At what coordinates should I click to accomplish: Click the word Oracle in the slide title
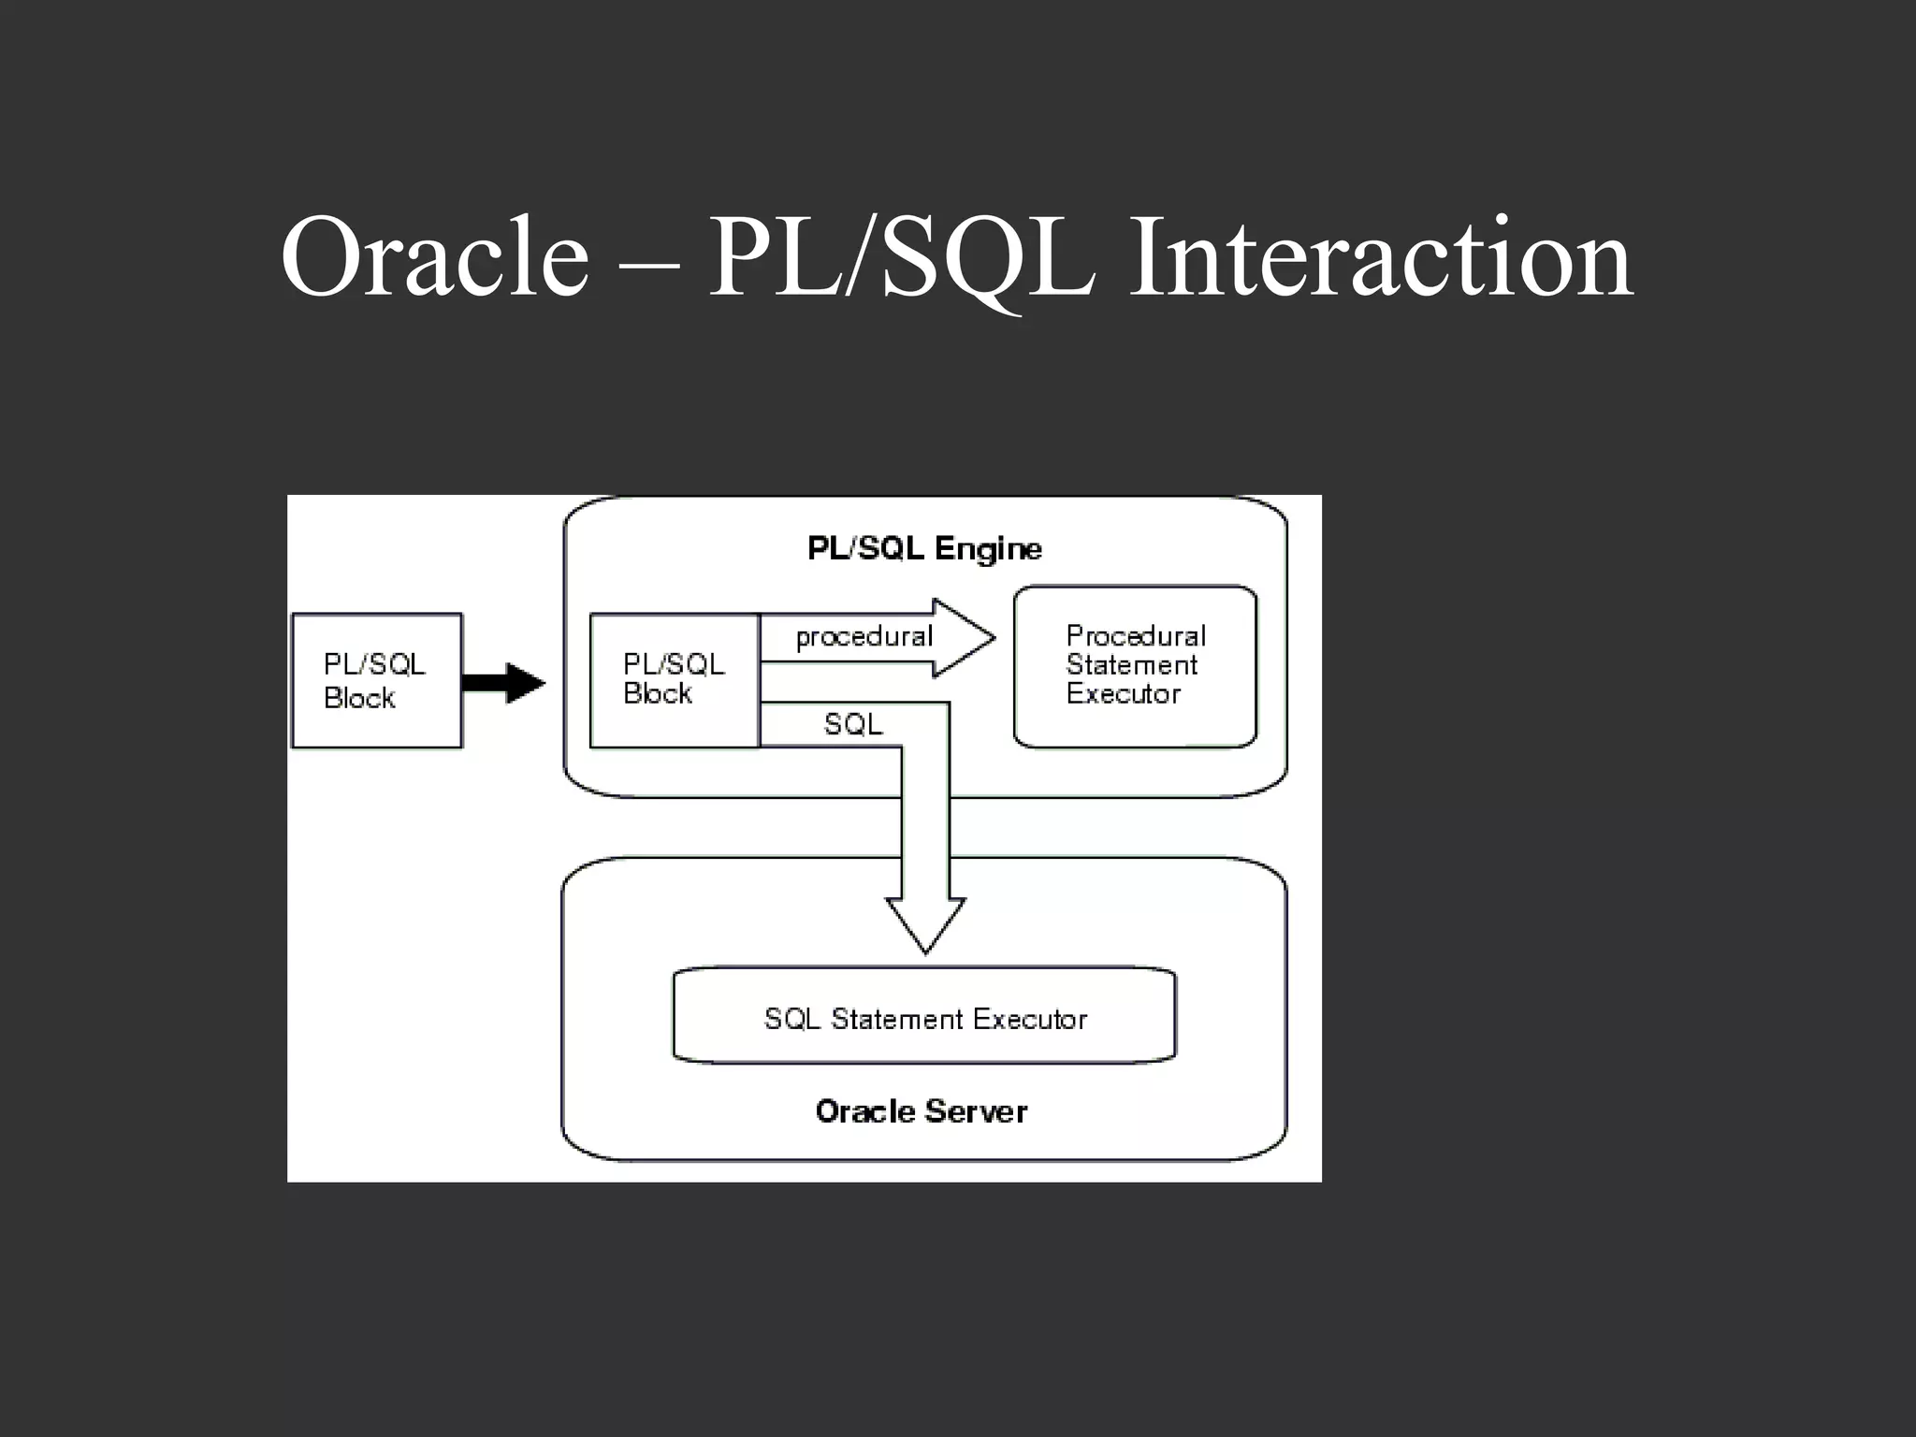coord(435,256)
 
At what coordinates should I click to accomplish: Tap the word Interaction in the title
coord(1381,256)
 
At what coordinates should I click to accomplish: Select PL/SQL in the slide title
coord(900,256)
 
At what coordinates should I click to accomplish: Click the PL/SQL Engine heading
coord(924,548)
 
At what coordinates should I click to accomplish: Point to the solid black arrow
coord(503,682)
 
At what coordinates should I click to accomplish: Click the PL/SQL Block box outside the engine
coord(377,680)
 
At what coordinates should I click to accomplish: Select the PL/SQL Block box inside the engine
coord(674,679)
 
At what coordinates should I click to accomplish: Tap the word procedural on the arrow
coord(864,637)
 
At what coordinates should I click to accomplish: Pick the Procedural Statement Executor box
coord(1135,666)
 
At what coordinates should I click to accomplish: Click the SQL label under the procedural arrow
coord(852,724)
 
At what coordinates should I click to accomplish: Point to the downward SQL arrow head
coord(925,925)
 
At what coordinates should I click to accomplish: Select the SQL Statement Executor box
coord(924,1017)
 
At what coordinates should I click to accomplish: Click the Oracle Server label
coord(921,1111)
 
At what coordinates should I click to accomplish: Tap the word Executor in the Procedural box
coord(1123,694)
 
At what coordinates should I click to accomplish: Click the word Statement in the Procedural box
coord(1131,665)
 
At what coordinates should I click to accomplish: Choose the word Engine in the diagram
coord(988,549)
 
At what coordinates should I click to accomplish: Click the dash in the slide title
coord(648,265)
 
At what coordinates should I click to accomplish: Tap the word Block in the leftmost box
coord(359,698)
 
